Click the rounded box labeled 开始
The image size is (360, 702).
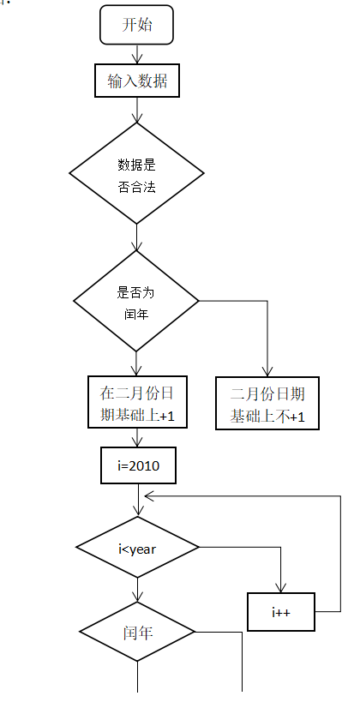coord(137,25)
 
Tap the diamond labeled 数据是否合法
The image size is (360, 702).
coord(137,173)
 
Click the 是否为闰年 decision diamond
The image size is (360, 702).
coord(136,301)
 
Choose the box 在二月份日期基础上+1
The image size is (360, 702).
coord(137,404)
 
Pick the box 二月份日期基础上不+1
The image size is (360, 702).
coord(267,404)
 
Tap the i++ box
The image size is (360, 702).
coord(281,612)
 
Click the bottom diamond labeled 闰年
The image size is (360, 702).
coord(137,632)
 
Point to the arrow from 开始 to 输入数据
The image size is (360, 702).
coord(137,55)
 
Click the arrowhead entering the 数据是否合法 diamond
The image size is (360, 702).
coord(137,117)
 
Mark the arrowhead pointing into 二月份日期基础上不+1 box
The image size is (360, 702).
coord(267,372)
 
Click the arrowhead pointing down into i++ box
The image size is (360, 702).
coord(281,587)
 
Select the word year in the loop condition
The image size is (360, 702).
coord(143,549)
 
